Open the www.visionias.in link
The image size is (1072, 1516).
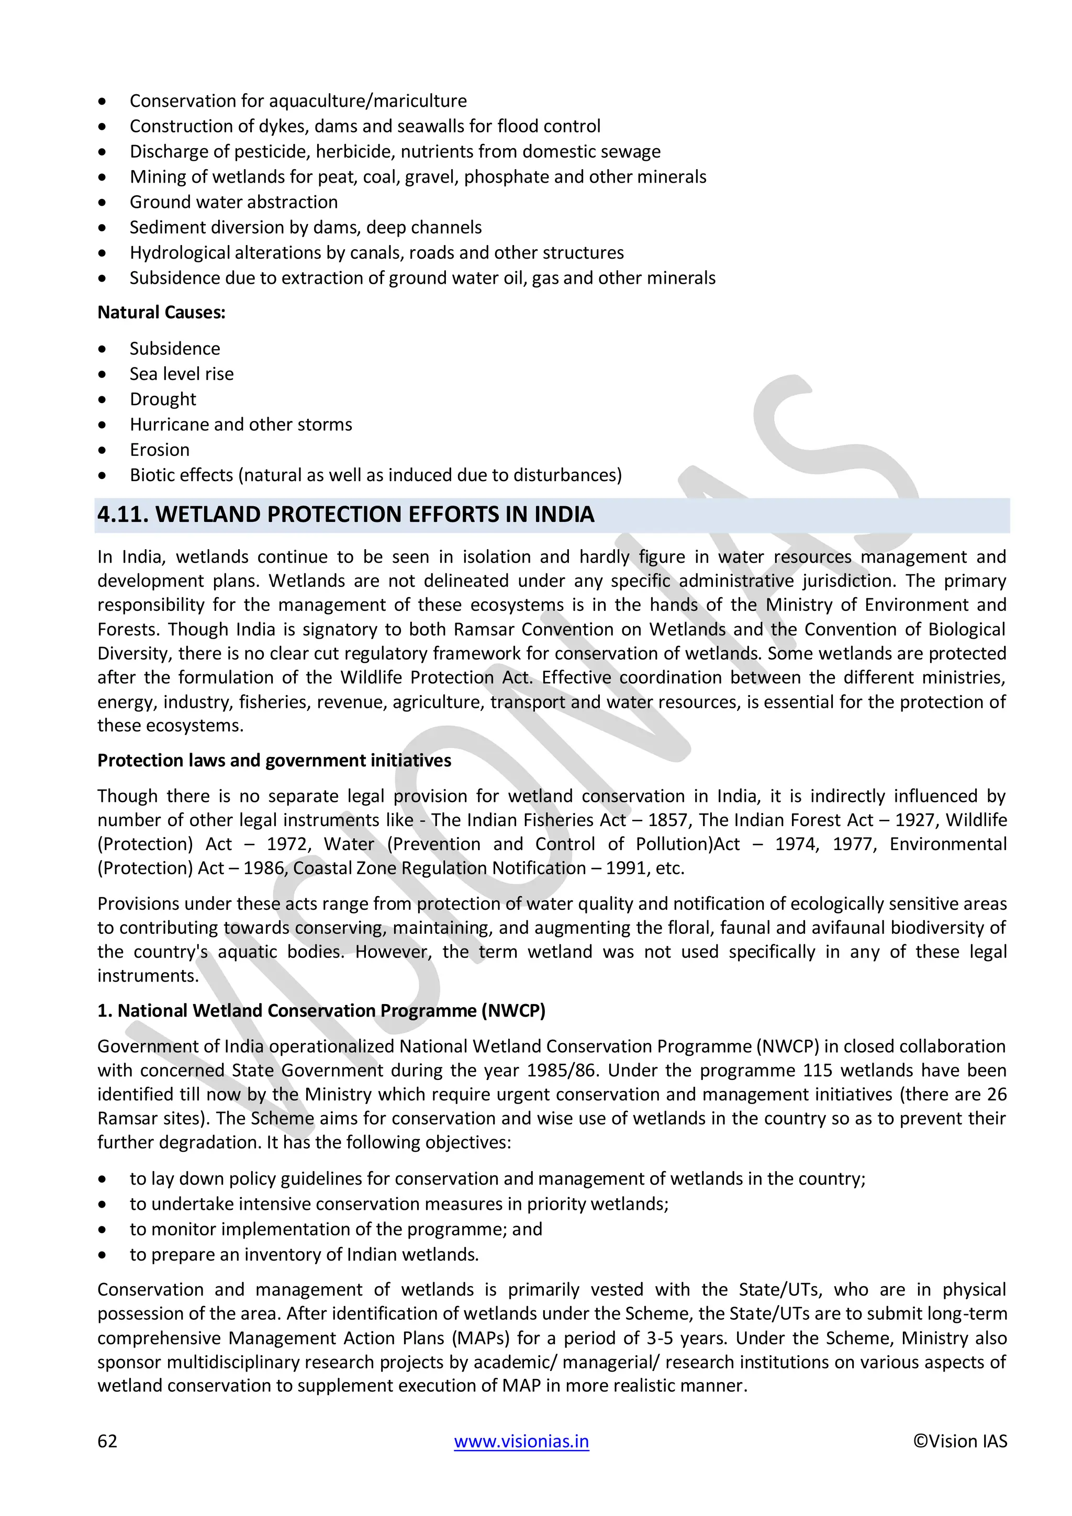point(521,1441)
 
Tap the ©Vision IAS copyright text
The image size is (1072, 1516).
point(960,1441)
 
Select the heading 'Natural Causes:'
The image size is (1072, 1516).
point(161,313)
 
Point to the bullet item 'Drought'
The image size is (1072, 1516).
point(163,399)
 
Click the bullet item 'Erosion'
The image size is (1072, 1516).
point(160,450)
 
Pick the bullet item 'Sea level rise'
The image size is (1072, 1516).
point(182,374)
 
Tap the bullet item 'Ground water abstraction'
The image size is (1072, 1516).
point(233,202)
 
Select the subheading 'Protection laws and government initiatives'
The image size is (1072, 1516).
point(274,761)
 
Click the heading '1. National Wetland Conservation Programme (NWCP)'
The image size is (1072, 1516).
point(321,1011)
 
